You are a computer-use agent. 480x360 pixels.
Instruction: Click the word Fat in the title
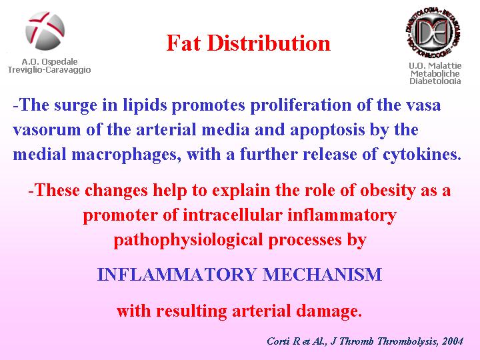(183, 43)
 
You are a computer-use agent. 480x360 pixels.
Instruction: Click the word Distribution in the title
(269, 43)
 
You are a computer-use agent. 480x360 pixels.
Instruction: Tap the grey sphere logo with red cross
(45, 31)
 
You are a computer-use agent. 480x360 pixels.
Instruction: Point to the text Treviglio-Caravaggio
(49, 70)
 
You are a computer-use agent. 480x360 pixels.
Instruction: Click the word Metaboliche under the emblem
(435, 73)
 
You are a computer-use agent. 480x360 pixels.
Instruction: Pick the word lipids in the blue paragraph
(145, 105)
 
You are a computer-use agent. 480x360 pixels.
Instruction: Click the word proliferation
(301, 105)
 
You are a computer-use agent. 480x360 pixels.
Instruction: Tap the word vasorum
(47, 130)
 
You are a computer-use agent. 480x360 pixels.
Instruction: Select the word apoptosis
(327, 130)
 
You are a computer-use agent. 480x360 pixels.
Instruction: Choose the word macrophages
(127, 154)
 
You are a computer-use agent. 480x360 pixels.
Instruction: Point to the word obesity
(388, 191)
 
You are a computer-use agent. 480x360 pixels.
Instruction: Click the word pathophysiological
(188, 240)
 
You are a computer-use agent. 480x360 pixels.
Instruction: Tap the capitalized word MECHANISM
(323, 274)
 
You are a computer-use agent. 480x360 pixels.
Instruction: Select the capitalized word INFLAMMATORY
(177, 274)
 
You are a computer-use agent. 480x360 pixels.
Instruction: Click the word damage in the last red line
(329, 311)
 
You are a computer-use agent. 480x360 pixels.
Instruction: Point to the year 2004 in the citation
(452, 341)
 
